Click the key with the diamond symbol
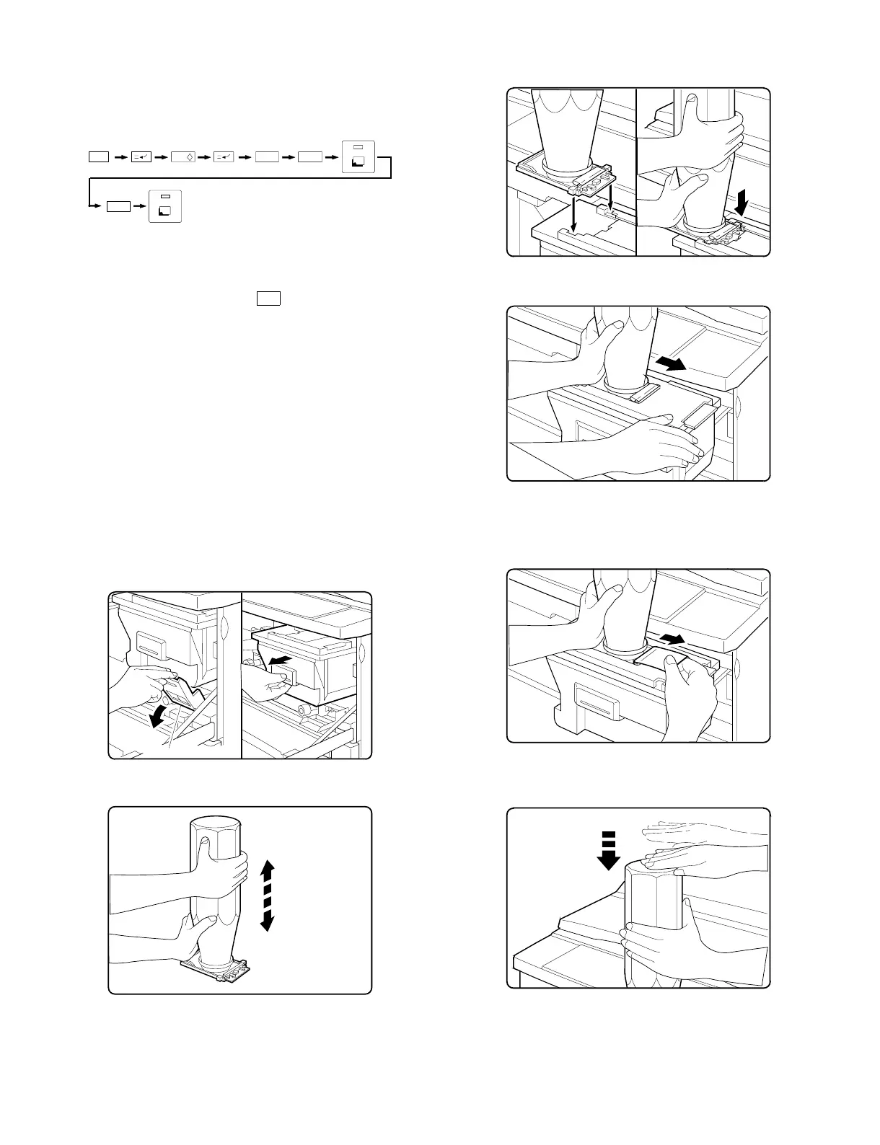(182, 156)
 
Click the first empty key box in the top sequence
(97, 156)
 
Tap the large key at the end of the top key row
(358, 155)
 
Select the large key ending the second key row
(165, 206)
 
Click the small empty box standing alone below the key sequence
(268, 299)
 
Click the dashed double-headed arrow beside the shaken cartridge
(267, 895)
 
